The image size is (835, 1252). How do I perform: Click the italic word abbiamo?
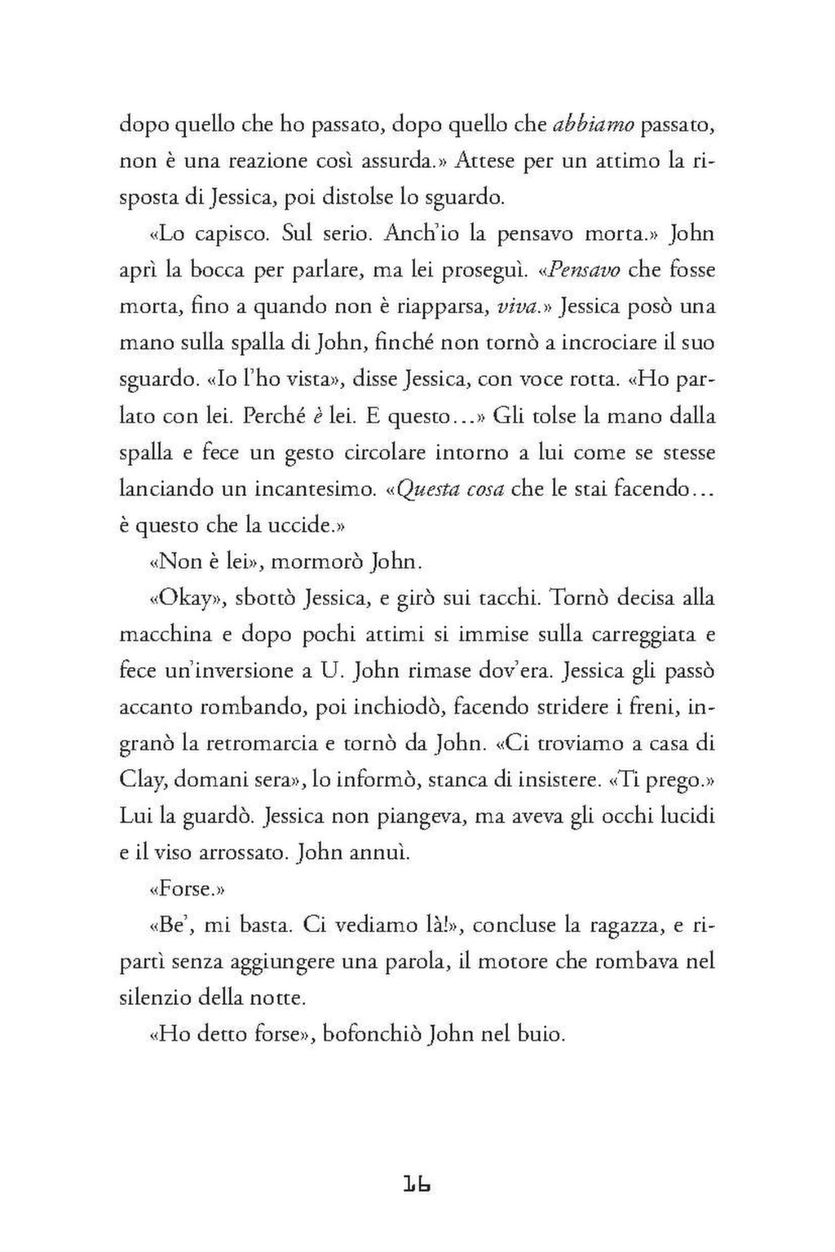pos(593,125)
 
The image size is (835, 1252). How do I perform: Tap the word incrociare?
pos(602,343)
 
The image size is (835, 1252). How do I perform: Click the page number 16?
pos(417,1185)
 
